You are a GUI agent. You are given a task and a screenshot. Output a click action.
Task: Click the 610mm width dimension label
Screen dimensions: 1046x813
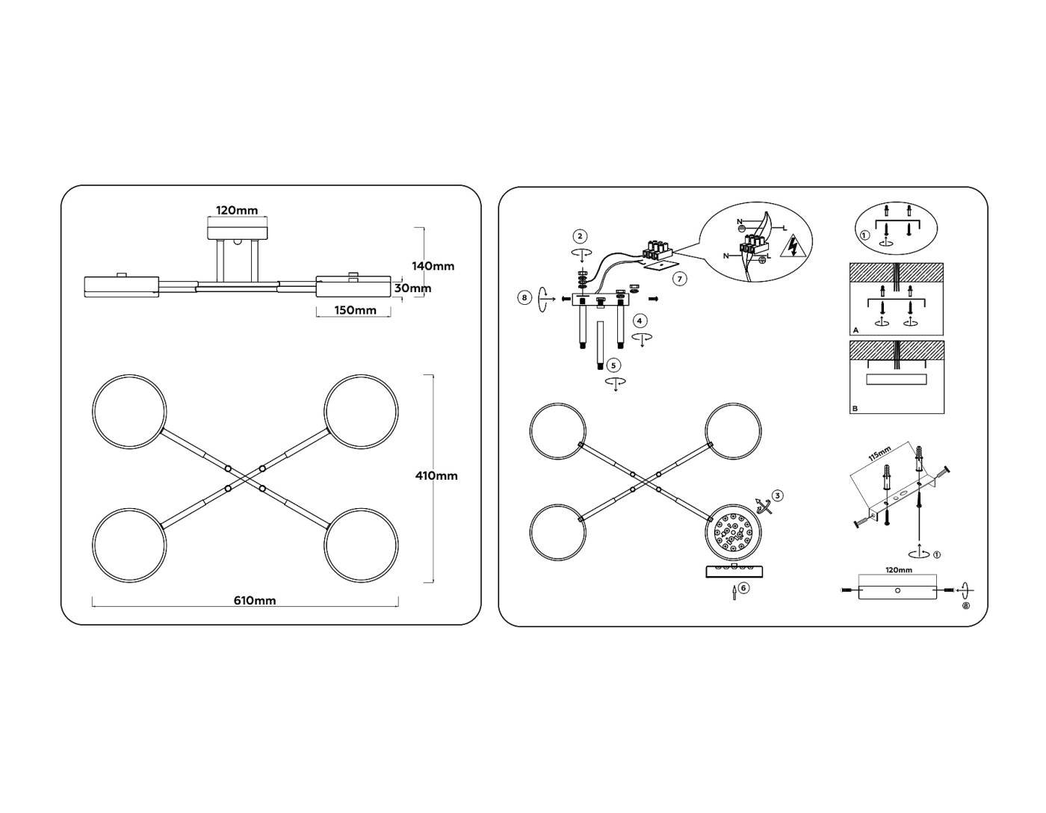pos(255,601)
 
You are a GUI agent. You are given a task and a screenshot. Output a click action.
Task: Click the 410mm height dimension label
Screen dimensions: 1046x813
pos(436,476)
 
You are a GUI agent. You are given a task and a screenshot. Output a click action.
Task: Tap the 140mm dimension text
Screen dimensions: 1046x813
pos(433,266)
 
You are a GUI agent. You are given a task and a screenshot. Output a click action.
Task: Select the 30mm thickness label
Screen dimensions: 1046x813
pos(412,288)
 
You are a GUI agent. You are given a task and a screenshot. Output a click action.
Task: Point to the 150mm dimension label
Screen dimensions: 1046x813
pos(355,310)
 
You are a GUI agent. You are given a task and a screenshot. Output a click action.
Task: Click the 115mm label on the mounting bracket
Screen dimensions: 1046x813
pos(880,453)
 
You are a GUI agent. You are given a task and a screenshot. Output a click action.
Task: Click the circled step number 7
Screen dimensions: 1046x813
pos(680,279)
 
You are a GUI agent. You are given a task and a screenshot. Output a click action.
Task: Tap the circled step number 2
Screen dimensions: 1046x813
pos(580,236)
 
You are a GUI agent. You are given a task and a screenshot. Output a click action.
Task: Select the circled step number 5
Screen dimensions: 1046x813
pos(613,365)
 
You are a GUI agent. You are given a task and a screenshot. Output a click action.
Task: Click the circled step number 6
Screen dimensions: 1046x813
pos(743,588)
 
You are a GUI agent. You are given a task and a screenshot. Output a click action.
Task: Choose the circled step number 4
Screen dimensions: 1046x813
pos(640,321)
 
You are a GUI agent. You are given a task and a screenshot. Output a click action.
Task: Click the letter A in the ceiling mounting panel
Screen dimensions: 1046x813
pos(855,331)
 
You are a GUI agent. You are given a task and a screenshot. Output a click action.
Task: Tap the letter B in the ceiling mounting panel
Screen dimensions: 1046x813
pos(855,409)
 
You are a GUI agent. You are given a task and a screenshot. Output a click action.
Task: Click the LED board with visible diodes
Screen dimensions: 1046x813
pos(734,533)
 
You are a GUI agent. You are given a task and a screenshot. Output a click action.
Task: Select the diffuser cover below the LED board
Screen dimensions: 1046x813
pos(734,571)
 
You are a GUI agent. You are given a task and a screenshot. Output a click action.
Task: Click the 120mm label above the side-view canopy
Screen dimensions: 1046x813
pos(237,211)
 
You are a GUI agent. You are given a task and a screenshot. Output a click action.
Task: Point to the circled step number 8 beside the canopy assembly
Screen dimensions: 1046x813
pos(524,298)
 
